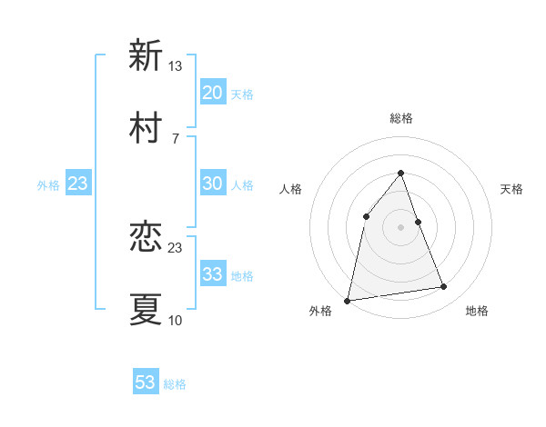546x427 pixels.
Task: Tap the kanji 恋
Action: [x=146, y=238]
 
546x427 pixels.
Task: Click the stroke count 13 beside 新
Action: [x=176, y=66]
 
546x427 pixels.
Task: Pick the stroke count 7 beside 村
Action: [x=175, y=139]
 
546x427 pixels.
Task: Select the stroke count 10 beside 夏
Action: [x=176, y=321]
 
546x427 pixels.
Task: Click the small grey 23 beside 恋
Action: [x=176, y=248]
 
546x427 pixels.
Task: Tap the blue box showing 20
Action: [x=212, y=93]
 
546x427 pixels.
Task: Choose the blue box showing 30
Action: [x=212, y=184]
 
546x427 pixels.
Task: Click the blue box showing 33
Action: [x=212, y=274]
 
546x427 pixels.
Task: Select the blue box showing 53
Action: [x=146, y=382]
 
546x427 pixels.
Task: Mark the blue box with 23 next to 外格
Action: [x=78, y=184]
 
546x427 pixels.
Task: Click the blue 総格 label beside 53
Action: [x=175, y=384]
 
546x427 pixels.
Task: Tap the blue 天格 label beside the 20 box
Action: [x=242, y=94]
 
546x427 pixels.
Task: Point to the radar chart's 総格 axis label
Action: [x=400, y=118]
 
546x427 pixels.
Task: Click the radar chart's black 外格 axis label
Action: [x=320, y=312]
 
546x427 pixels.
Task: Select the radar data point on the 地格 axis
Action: [x=444, y=287]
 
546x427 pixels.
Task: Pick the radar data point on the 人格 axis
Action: [x=366, y=215]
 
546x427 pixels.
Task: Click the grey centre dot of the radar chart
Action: [x=400, y=227]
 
